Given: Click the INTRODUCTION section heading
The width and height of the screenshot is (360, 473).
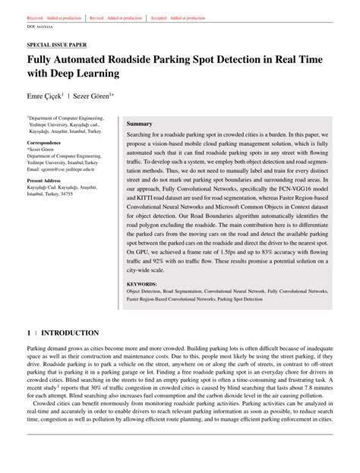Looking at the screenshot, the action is coord(70,333).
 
